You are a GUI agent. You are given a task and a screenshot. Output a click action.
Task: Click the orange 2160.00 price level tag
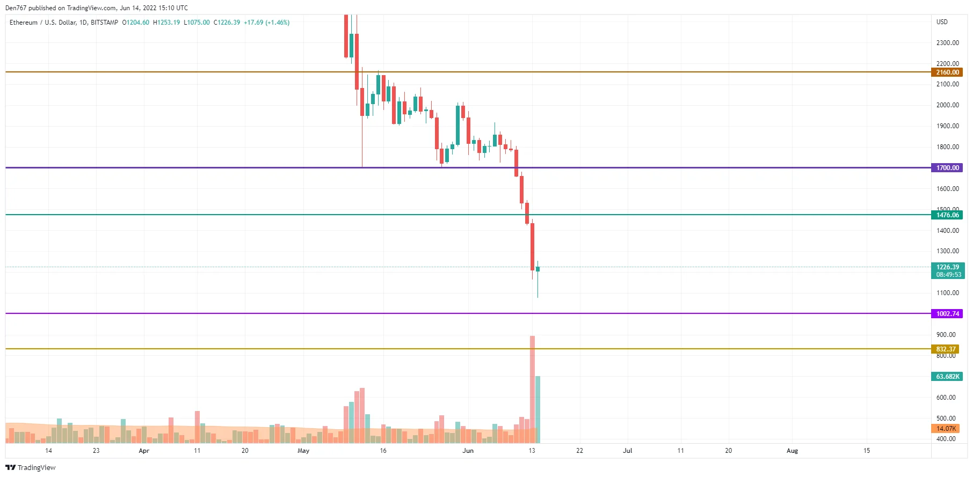[x=947, y=72]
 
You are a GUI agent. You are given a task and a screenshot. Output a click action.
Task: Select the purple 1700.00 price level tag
[x=947, y=168]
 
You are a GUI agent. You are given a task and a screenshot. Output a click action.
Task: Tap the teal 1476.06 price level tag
[x=947, y=215]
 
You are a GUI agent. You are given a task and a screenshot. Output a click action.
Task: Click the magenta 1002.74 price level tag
[x=947, y=314]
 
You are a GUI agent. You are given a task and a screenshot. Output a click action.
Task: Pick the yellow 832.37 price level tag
[x=945, y=349]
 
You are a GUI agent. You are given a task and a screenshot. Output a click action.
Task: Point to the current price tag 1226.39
[x=947, y=267]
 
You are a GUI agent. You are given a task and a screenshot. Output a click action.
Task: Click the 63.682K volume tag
[x=947, y=377]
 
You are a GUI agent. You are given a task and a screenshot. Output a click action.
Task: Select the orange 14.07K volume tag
[x=945, y=429]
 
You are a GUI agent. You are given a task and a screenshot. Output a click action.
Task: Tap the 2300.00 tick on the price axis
[x=947, y=43]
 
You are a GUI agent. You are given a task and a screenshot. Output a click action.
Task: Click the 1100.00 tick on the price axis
[x=947, y=293]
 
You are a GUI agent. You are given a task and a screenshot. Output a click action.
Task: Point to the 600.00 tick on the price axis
[x=946, y=398]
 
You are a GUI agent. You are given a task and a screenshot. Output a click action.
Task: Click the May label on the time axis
[x=303, y=451]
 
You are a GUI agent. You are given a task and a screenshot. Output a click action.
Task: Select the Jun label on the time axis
[x=468, y=451]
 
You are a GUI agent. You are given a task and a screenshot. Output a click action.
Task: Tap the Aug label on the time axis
[x=792, y=451]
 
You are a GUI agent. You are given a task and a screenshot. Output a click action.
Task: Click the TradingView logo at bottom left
[x=31, y=467]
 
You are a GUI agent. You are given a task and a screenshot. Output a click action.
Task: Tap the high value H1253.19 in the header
[x=166, y=23]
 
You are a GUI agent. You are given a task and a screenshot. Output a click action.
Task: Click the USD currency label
[x=942, y=22]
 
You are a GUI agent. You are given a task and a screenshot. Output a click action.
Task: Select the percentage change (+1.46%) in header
[x=278, y=23]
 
